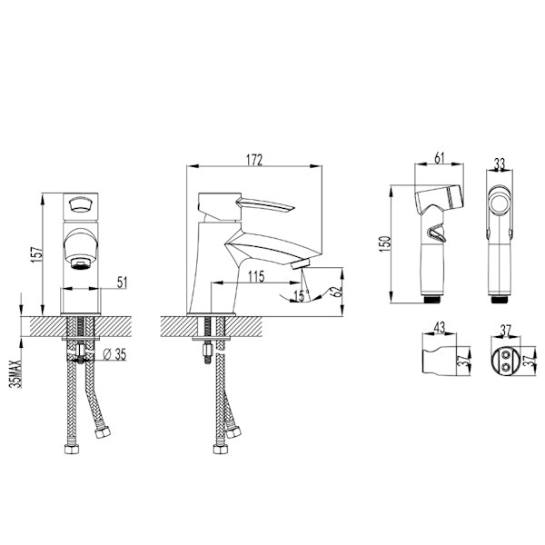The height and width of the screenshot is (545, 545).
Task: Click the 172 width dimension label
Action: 254,160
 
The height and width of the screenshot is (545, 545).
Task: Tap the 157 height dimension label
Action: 37,254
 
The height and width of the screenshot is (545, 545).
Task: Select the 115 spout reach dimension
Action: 256,276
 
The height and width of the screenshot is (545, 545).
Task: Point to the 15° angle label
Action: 301,296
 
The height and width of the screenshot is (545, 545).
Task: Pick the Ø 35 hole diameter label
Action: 115,354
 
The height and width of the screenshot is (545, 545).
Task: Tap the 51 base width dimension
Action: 122,282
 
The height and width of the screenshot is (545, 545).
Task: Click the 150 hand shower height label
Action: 385,243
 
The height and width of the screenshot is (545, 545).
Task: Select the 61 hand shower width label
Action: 440,158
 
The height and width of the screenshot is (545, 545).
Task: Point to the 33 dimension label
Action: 499,163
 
